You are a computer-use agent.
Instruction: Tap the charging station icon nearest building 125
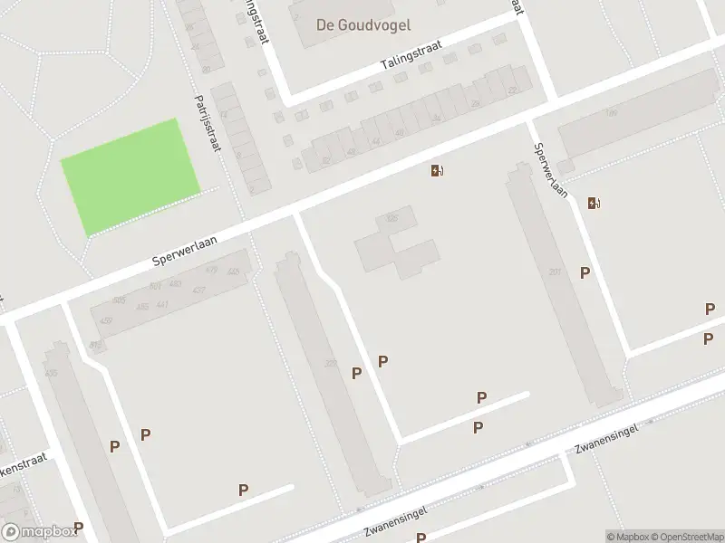click(x=437, y=171)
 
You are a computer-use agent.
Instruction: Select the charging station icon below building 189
click(x=593, y=203)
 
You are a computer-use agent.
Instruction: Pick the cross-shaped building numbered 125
click(x=397, y=244)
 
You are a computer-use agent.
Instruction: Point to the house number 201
click(x=555, y=271)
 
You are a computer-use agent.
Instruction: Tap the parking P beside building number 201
click(x=585, y=272)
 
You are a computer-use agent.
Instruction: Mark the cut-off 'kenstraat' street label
click(x=21, y=471)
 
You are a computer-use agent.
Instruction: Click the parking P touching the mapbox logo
click(x=78, y=528)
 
